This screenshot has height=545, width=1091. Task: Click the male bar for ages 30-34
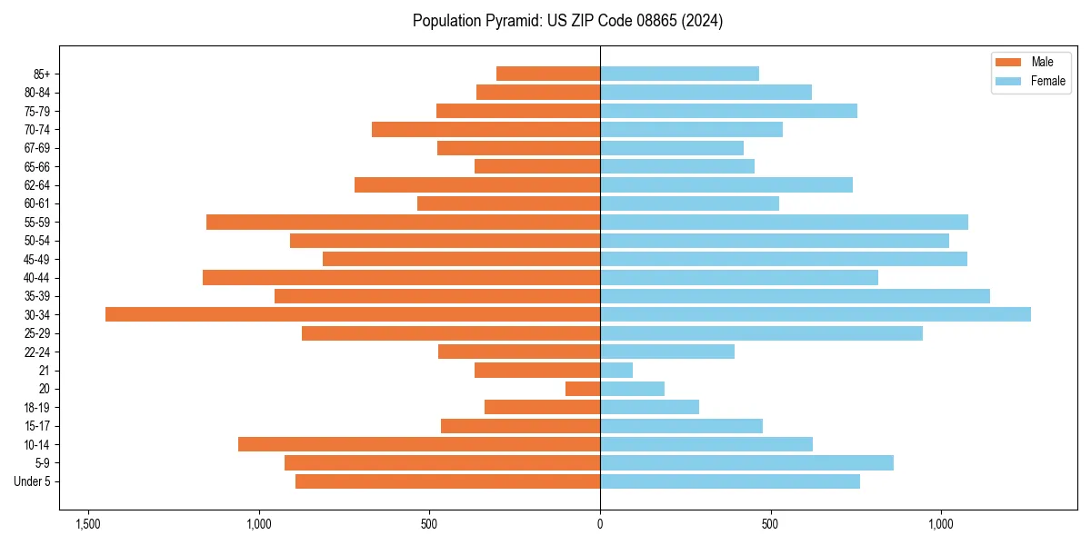(353, 314)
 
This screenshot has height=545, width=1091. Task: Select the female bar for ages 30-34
(816, 314)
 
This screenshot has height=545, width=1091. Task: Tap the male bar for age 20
(583, 389)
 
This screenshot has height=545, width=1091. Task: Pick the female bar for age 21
(616, 370)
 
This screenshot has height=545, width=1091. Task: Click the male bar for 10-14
(419, 444)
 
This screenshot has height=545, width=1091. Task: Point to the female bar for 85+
(679, 74)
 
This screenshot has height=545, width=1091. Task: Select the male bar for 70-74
(485, 129)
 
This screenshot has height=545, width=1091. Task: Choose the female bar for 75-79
(728, 111)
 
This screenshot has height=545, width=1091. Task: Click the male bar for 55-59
(403, 222)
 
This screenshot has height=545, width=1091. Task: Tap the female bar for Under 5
(730, 481)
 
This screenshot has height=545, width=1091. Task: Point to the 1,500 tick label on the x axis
(88, 524)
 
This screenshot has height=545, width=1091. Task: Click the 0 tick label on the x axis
(600, 524)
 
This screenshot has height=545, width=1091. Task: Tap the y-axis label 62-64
(37, 185)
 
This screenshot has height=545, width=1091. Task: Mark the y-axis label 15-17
(37, 426)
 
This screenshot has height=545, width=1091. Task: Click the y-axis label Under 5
(32, 481)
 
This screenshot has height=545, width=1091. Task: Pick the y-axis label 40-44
(37, 278)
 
